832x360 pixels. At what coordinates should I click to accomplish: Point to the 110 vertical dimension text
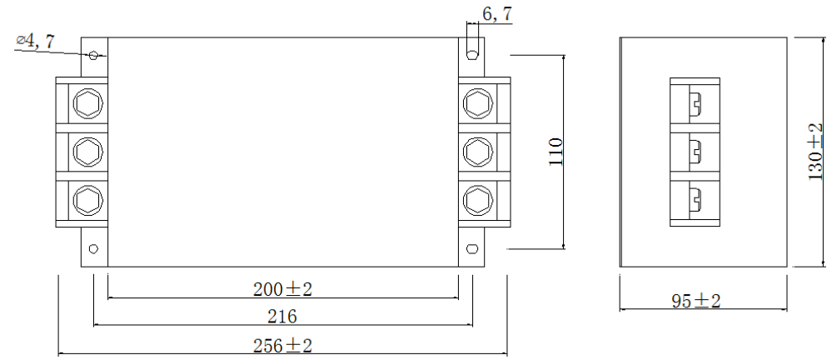557,151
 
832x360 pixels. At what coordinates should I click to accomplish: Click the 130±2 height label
817,152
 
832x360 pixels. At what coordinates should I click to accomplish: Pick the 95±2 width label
696,301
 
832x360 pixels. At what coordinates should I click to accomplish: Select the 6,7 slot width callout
497,13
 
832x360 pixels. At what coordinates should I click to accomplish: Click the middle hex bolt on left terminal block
87,152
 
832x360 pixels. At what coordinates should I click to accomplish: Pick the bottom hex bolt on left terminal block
87,200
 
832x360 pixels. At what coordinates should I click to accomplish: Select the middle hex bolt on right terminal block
477,152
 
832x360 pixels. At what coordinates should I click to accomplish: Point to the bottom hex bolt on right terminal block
477,200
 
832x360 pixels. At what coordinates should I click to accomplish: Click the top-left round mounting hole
93,55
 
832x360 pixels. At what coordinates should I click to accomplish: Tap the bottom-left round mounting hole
93,247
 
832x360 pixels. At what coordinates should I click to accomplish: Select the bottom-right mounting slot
472,247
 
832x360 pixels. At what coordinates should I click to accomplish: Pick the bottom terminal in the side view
695,200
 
